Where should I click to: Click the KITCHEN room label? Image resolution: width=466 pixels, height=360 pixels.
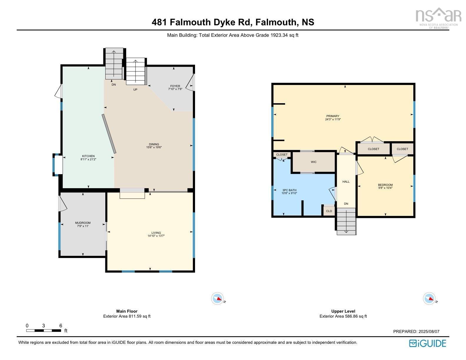coord(88,156)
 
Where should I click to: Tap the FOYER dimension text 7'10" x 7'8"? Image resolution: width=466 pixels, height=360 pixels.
coord(175,89)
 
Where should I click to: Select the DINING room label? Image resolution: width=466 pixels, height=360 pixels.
coord(154,144)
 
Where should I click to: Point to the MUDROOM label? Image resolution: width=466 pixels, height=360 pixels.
coord(83,223)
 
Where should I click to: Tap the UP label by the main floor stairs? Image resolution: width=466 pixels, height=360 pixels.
coord(135,90)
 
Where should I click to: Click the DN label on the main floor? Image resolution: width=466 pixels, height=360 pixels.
coord(114,85)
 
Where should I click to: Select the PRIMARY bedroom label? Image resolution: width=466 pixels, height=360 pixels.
coord(333,116)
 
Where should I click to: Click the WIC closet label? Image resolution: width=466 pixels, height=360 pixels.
coord(314,162)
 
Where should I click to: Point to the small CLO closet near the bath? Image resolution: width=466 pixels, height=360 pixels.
coord(329,211)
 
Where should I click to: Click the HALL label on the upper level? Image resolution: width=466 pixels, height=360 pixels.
coord(346,182)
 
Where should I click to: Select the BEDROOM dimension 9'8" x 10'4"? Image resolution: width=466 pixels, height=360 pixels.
coord(385,188)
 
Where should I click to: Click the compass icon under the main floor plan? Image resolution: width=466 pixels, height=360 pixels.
coord(217,299)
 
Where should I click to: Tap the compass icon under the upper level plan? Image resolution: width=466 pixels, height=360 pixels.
coord(429,299)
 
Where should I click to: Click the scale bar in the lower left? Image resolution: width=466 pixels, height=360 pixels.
coord(44,331)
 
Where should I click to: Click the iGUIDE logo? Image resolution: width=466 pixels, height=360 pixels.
coord(428,343)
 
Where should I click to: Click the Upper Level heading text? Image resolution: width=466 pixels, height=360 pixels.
coord(343,311)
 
